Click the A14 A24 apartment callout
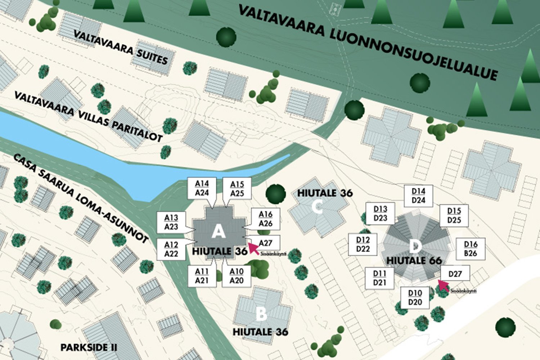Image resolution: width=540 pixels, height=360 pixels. [x=202, y=188]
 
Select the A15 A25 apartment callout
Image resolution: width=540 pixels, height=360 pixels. [x=237, y=189]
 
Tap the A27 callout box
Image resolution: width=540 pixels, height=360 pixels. [x=265, y=243]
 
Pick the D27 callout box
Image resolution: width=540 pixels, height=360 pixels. [x=455, y=274]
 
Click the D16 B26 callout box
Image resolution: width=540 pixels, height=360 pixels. [x=471, y=248]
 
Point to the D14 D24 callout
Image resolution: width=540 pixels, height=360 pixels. [x=418, y=196]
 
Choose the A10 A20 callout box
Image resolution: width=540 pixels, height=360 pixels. [x=237, y=276]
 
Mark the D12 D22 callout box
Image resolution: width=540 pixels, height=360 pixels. [x=363, y=244]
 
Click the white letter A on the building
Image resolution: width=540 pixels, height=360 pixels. [x=218, y=231]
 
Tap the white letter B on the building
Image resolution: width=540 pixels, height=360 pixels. [x=261, y=314]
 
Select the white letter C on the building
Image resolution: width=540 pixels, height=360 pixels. [x=317, y=207]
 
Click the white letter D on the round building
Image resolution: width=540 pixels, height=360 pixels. [x=415, y=247]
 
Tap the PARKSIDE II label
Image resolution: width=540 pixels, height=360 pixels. [x=89, y=347]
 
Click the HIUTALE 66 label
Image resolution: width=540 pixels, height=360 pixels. [x=414, y=260]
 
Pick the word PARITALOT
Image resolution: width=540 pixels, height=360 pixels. [x=137, y=131]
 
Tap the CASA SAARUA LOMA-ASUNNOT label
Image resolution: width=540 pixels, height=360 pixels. [x=81, y=198]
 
